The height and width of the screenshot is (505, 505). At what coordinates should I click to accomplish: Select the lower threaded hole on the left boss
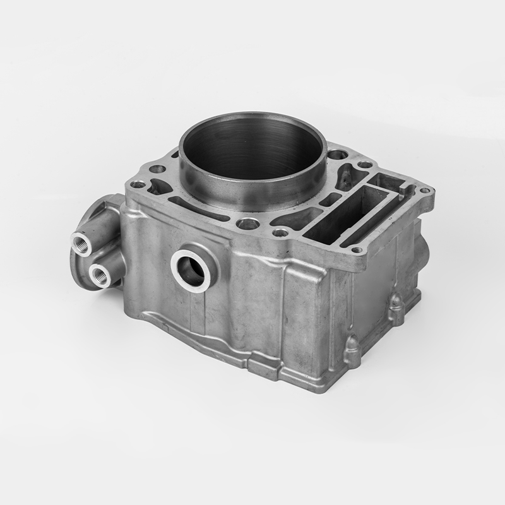point(99,275)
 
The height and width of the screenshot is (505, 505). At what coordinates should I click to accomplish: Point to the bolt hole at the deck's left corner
point(137,185)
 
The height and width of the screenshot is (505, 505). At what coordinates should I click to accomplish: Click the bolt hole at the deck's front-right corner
point(358,249)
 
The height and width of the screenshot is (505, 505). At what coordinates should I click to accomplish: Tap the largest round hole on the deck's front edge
point(248,223)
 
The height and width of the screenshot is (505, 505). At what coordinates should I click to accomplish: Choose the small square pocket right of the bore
point(330,200)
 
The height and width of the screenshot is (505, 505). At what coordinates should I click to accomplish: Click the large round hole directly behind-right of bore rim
point(336,155)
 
